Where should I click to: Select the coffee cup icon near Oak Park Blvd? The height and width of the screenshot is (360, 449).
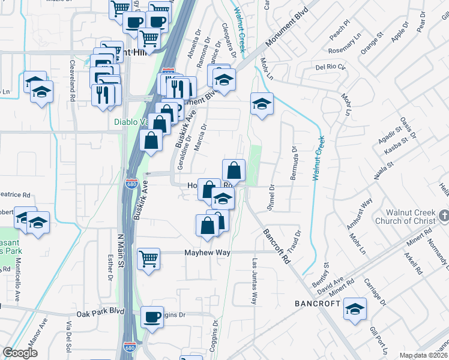152,317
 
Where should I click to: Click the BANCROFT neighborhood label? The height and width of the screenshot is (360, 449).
318,304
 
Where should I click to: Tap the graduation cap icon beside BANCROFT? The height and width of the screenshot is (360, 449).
355,309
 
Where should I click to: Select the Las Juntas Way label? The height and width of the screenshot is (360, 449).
255,282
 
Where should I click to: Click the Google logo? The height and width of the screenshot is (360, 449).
20,353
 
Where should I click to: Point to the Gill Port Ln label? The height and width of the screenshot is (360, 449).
378,340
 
